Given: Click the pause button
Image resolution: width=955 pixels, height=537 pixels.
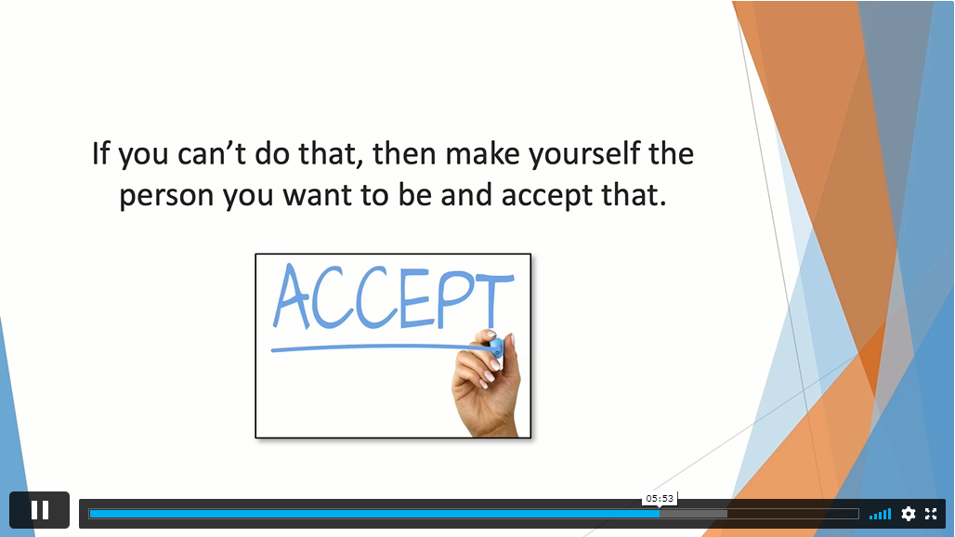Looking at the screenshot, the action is [x=40, y=510].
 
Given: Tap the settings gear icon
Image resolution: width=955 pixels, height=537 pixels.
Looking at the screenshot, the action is [x=909, y=514].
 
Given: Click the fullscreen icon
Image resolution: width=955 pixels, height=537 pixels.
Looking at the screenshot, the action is [x=931, y=514].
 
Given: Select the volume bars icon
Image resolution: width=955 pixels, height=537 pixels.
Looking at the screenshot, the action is [x=880, y=515].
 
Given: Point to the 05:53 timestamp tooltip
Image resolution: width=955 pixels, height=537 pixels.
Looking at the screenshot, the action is [x=660, y=499].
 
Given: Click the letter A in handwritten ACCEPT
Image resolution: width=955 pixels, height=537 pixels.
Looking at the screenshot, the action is [x=292, y=295].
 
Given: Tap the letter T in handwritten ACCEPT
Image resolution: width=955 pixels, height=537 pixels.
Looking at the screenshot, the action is [x=494, y=301].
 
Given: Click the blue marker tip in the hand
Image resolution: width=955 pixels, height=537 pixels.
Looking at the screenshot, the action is [x=496, y=348].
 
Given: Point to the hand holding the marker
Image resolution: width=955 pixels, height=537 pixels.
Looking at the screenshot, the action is [x=486, y=384].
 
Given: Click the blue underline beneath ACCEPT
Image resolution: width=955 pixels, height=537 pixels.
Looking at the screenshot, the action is [x=381, y=348].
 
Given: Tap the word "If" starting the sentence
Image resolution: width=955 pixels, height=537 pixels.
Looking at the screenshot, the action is [x=100, y=153].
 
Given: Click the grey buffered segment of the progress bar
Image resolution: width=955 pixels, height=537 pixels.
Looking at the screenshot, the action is [x=694, y=514].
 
